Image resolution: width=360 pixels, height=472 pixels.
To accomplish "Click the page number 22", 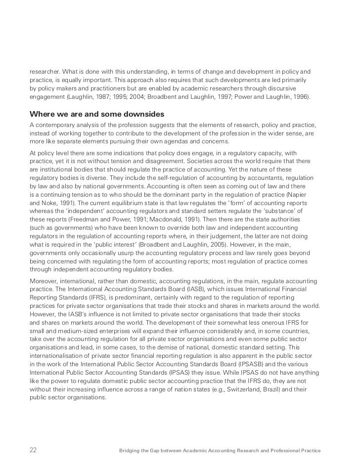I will [x=33, y=450].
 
